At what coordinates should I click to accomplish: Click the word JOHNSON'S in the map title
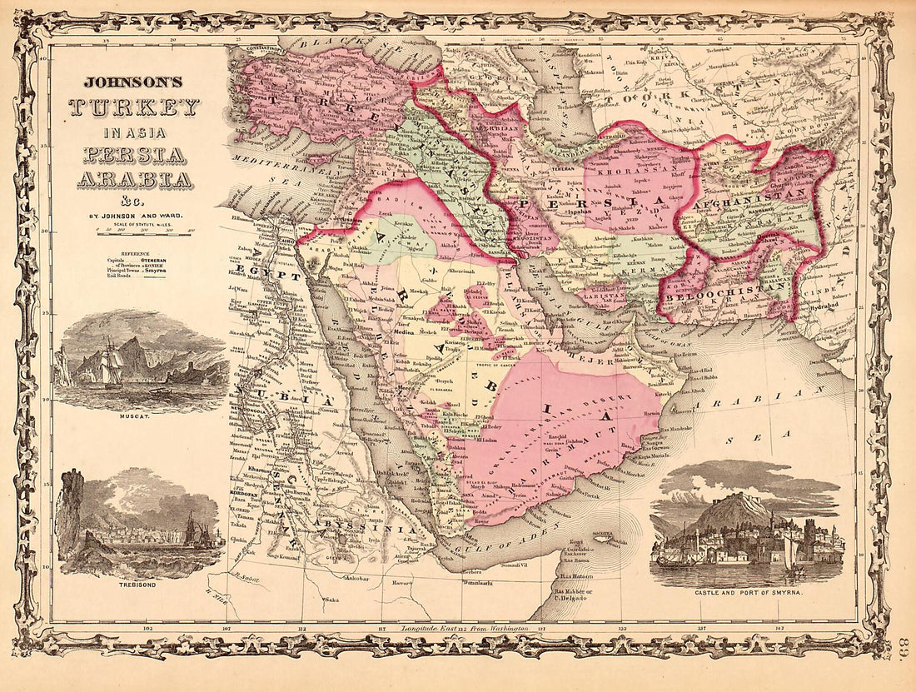(135, 83)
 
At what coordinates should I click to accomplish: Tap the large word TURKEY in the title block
(135, 107)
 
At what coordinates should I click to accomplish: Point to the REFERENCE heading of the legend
(136, 251)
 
